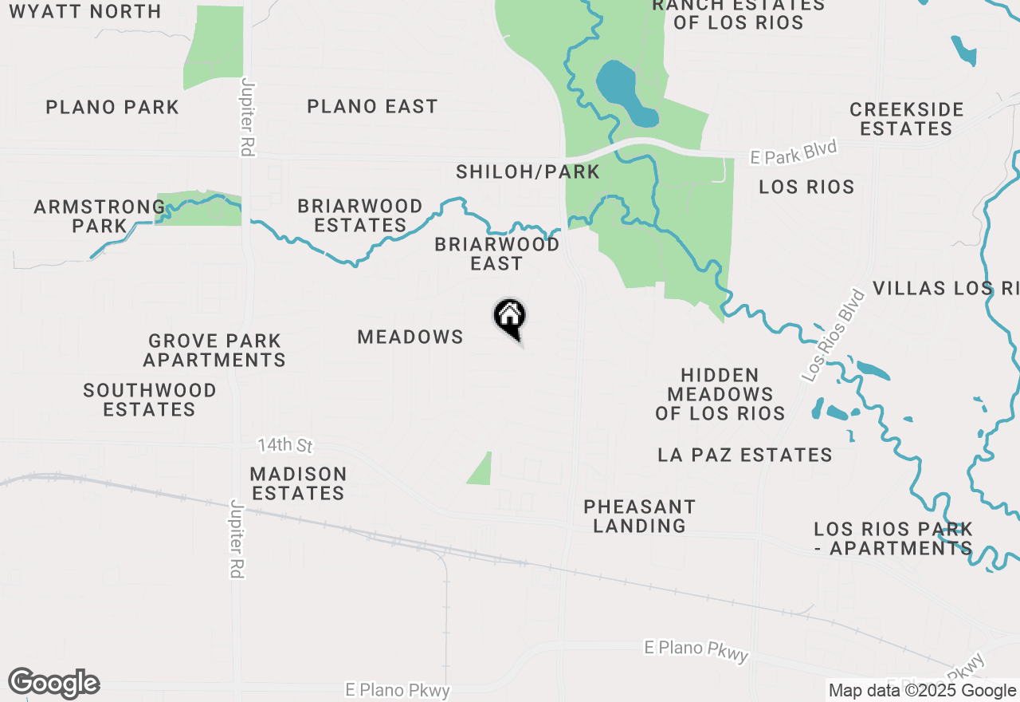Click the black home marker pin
tap(510, 318)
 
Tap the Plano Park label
tap(112, 107)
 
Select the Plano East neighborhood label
tap(372, 106)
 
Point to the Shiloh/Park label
tap(528, 172)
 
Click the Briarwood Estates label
tap(360, 215)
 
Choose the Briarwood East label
tap(496, 254)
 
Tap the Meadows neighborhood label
tap(410, 337)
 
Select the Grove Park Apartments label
tap(214, 350)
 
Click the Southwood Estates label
tap(150, 400)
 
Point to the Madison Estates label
tap(298, 483)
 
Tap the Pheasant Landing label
tap(639, 515)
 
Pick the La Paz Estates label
tap(745, 455)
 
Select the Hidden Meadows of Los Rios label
tap(720, 394)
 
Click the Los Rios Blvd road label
tap(834, 334)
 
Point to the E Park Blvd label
tap(794, 152)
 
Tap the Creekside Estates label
tap(907, 119)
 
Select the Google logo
tap(53, 684)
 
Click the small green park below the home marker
tap(481, 470)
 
